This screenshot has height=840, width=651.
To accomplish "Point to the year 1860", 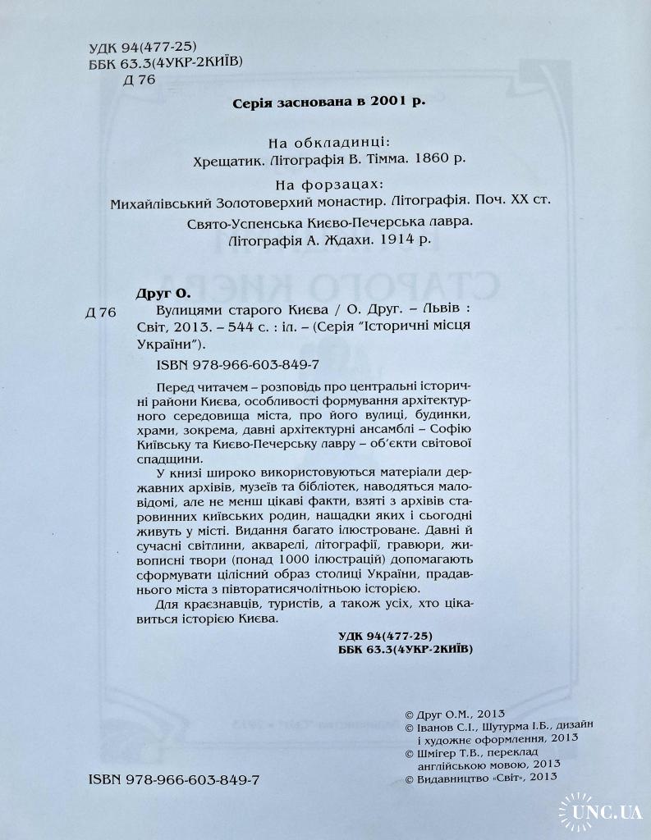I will pos(431,161).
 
